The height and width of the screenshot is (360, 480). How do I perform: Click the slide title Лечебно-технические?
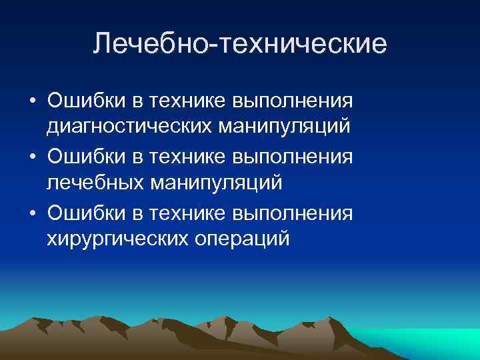(x=240, y=44)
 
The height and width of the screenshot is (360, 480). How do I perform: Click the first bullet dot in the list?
(x=33, y=101)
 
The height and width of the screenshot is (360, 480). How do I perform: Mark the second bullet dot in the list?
(x=33, y=158)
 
